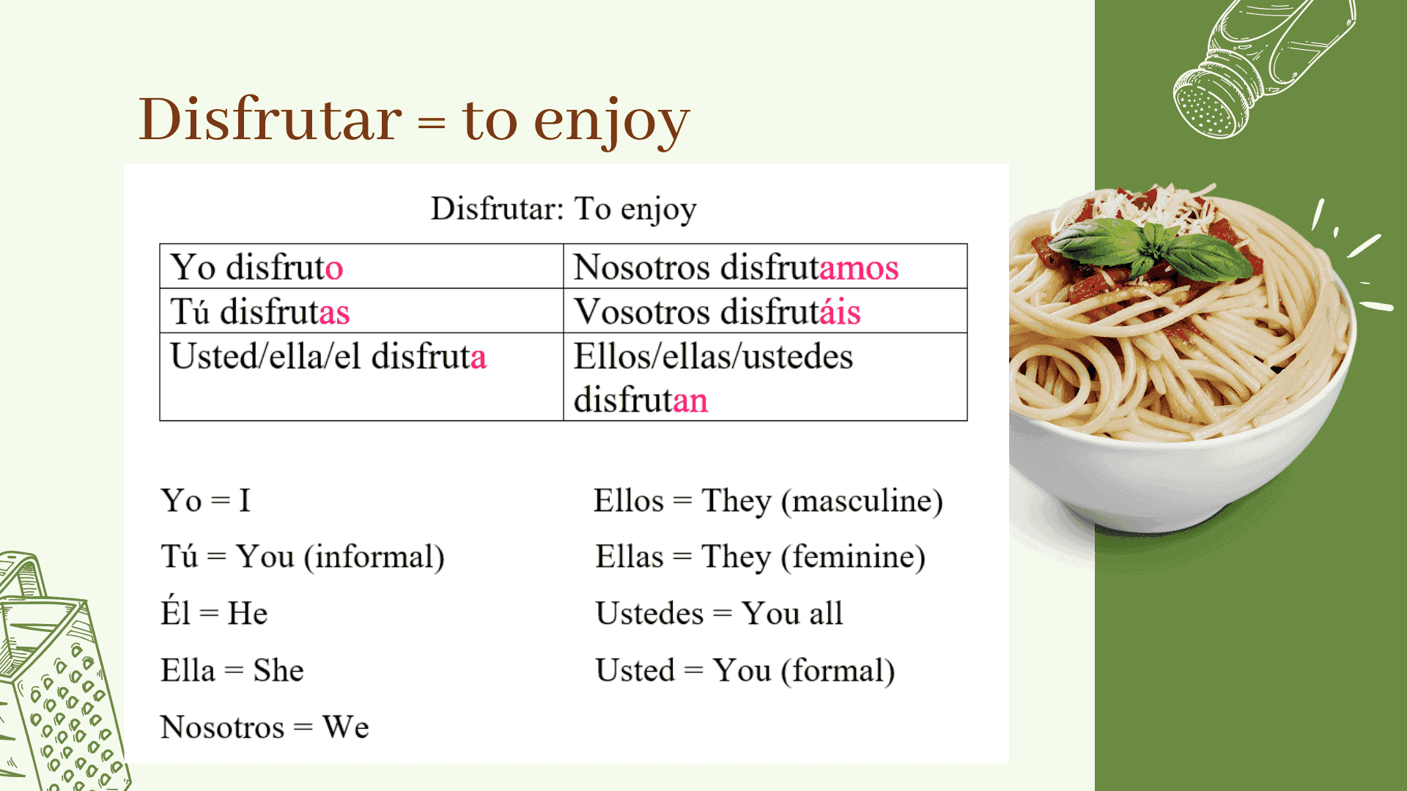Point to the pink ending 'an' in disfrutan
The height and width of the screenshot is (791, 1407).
pos(690,401)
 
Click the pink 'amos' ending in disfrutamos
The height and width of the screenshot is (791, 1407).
pos(859,267)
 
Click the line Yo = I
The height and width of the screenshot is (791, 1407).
pos(206,502)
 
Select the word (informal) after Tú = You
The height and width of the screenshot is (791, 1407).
pos(374,557)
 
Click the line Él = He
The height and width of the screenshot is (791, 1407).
pos(214,614)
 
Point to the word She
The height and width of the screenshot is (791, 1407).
pos(278,671)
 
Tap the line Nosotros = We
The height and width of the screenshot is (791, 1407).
pos(265,728)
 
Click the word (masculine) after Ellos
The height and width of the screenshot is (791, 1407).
pos(862,502)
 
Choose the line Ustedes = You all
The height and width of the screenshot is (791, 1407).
pos(719,614)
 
